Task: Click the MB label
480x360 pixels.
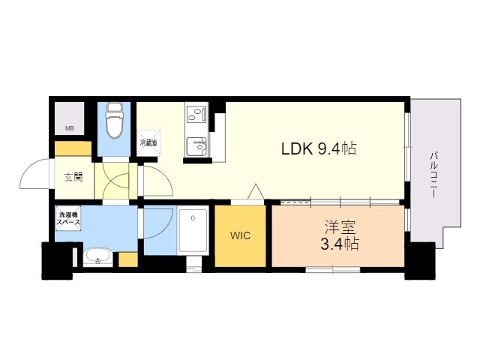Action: click(70, 128)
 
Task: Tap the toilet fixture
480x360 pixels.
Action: click(114, 120)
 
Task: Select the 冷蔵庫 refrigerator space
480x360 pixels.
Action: click(148, 143)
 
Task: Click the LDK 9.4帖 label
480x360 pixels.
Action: click(319, 149)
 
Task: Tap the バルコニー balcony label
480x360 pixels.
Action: click(433, 175)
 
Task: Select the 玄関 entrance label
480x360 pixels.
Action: click(73, 177)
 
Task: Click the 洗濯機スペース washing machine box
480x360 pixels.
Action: click(68, 218)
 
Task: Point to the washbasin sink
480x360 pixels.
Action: click(97, 256)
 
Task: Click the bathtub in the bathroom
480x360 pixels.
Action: click(193, 230)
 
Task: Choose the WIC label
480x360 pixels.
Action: click(240, 235)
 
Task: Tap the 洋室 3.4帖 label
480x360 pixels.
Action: click(339, 235)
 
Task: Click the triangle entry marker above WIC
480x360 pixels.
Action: click(256, 192)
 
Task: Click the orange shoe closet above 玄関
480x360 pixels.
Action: click(73, 148)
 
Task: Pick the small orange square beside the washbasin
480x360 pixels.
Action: click(128, 259)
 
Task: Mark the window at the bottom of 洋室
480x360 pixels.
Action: click(333, 270)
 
